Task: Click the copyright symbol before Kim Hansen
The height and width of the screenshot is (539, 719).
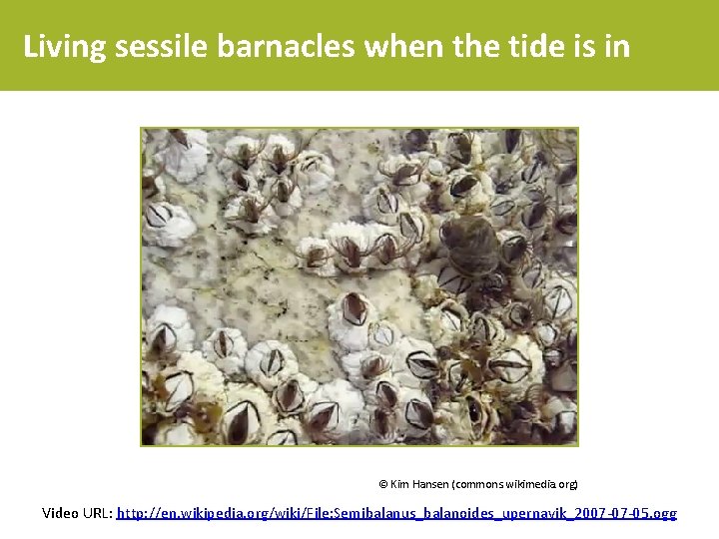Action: pyautogui.click(x=383, y=484)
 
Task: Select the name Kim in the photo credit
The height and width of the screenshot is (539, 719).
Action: pyautogui.click(x=399, y=484)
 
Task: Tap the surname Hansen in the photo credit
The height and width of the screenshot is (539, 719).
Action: pyautogui.click(x=429, y=484)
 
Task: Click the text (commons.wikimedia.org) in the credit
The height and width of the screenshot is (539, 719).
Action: pyautogui.click(x=514, y=484)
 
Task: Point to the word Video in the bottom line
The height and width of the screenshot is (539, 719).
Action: pyautogui.click(x=60, y=513)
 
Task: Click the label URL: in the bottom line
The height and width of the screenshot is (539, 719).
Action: pyautogui.click(x=97, y=513)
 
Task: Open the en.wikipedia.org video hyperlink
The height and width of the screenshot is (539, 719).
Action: pyautogui.click(x=396, y=513)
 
